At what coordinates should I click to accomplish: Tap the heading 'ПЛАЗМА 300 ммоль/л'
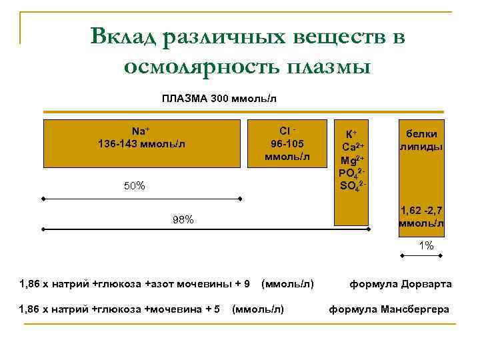[x=219, y=99]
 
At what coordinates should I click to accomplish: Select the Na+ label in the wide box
[x=140, y=131]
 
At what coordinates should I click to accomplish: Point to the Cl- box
[x=287, y=143]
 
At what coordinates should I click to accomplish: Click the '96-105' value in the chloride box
[x=287, y=143]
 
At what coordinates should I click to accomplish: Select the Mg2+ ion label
[x=351, y=160]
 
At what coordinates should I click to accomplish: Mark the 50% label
[x=135, y=186]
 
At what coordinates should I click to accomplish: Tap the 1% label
[x=426, y=245]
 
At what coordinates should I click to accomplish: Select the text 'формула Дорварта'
[x=401, y=284]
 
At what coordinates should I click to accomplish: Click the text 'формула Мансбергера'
[x=389, y=309]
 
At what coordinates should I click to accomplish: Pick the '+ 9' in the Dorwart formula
[x=243, y=284]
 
